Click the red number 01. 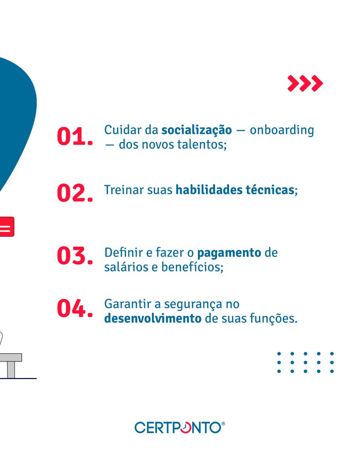(x=75, y=137)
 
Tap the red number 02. (x=75, y=193)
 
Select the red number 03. (x=75, y=256)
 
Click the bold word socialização (x=196, y=130)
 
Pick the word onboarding (x=282, y=130)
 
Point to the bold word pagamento (x=229, y=253)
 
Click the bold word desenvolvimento (x=153, y=318)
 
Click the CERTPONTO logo (x=180, y=427)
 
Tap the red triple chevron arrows (x=305, y=83)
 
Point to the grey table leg (x=11, y=370)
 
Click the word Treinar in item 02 (x=119, y=190)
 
